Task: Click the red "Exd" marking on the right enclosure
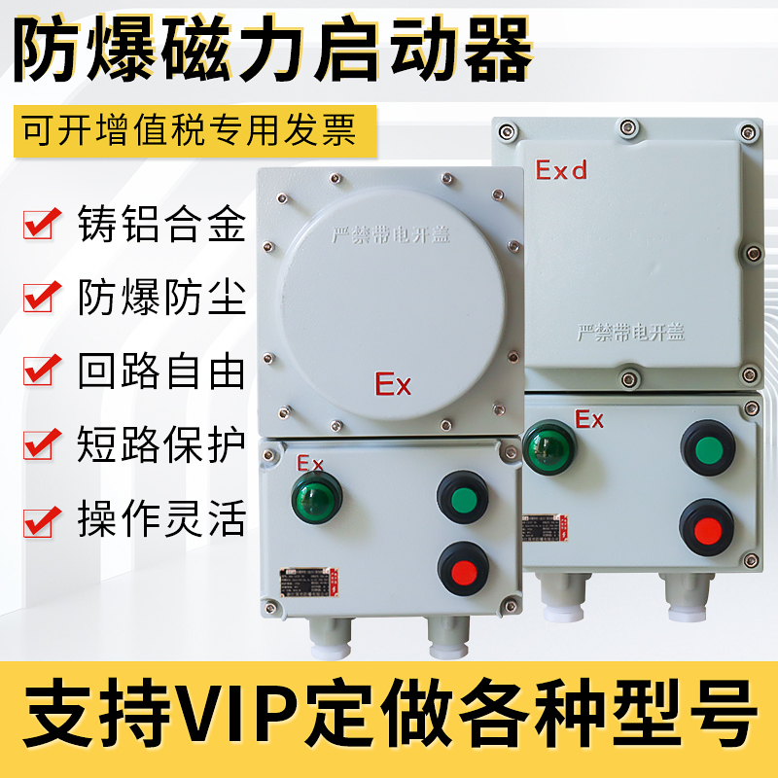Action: [562, 171]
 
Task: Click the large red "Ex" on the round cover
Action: [393, 384]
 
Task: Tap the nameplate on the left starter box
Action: [307, 581]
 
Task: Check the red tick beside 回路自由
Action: [40, 371]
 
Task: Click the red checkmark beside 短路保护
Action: [40, 445]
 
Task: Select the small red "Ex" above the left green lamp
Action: [309, 460]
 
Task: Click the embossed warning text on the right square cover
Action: [629, 333]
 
